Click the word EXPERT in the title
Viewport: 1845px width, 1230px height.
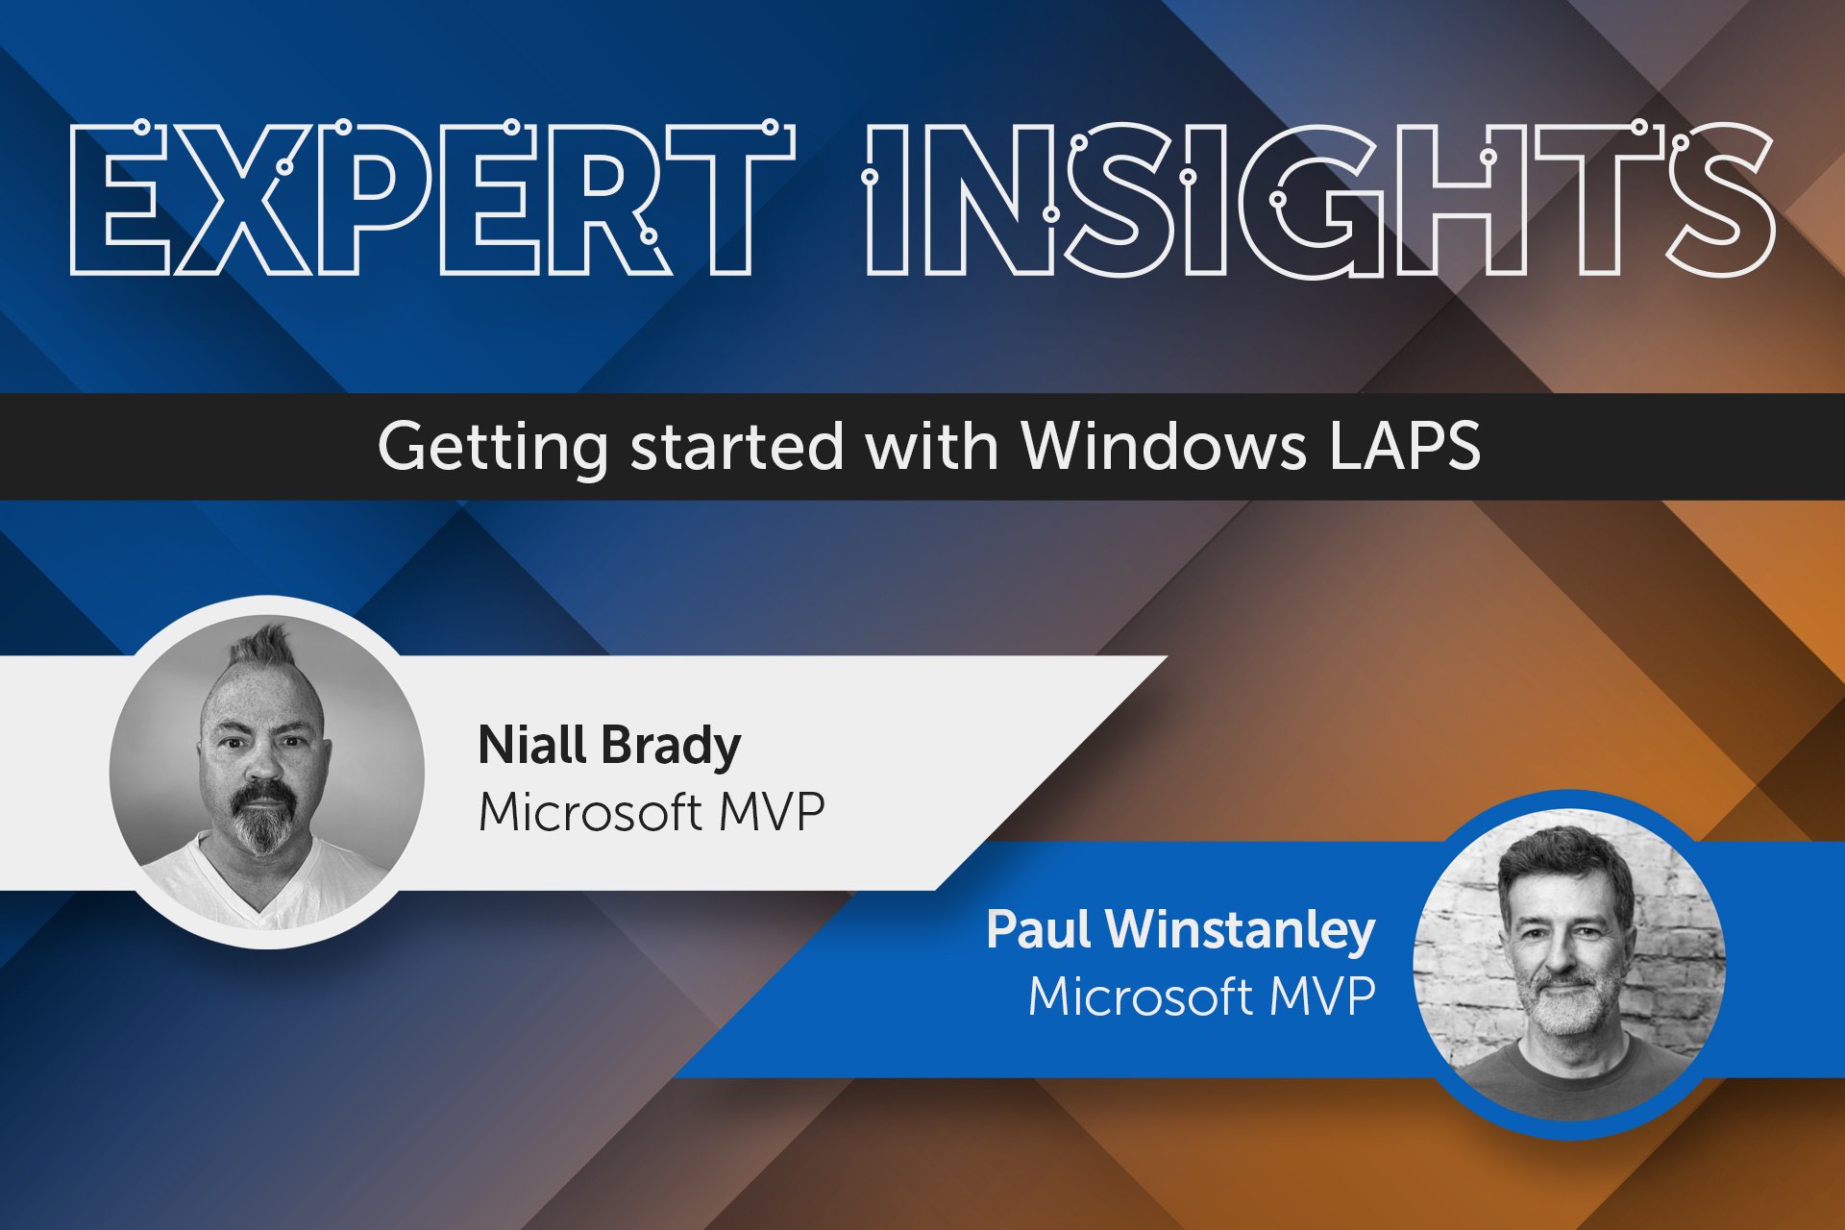coord(432,200)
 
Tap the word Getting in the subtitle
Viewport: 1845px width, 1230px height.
coord(492,448)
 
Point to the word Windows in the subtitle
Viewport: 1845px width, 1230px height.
coord(1163,446)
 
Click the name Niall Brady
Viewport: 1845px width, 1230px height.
coord(609,747)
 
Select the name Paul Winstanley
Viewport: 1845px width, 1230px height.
coord(1180,930)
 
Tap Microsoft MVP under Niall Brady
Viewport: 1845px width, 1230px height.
coord(651,813)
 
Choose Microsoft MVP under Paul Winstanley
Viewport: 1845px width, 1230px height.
coord(1201,996)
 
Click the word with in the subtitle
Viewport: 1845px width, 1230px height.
coord(931,446)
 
